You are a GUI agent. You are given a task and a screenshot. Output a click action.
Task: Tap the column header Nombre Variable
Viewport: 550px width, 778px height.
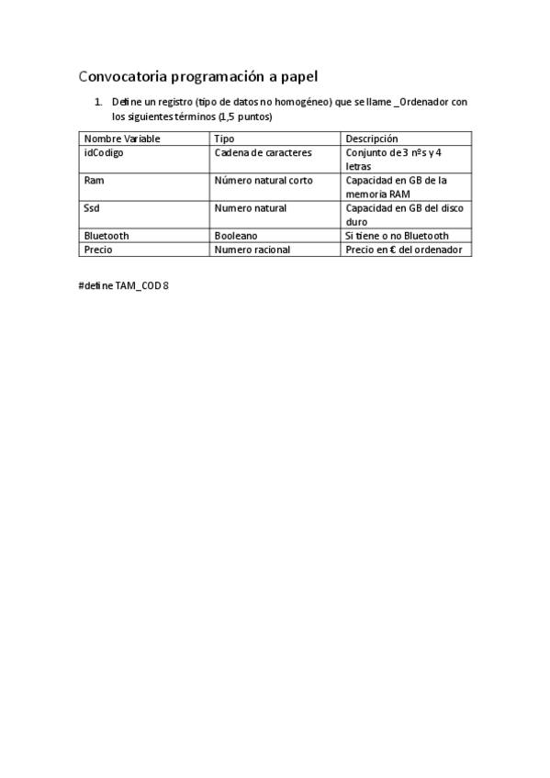[x=121, y=139]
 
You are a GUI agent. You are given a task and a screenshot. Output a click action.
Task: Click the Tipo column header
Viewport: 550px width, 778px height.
[x=224, y=139]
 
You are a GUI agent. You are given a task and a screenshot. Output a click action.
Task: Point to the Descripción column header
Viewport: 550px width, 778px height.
[x=371, y=139]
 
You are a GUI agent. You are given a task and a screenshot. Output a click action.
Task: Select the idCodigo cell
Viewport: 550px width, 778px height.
[x=104, y=152]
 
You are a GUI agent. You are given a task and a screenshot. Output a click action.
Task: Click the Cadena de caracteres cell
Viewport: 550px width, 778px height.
[x=263, y=152]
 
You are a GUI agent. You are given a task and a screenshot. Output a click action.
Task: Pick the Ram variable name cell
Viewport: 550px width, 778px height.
[x=94, y=181]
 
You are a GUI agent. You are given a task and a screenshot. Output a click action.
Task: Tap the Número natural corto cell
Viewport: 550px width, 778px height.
[x=263, y=181]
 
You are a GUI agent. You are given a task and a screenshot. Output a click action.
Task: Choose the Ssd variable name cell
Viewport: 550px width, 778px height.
[x=92, y=208]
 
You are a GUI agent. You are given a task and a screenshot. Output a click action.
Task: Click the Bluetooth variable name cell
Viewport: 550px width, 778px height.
[x=107, y=236]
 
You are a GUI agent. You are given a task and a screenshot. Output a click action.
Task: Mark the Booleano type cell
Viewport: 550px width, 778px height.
[x=235, y=236]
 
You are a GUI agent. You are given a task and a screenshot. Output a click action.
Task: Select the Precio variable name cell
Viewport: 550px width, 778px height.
[x=98, y=250]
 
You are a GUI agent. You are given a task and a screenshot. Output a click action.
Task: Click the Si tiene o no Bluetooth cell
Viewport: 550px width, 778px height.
[x=397, y=236]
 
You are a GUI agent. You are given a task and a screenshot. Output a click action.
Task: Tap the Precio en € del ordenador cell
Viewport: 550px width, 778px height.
[x=404, y=250]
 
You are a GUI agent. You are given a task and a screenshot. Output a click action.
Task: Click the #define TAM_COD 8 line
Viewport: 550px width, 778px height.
[x=124, y=285]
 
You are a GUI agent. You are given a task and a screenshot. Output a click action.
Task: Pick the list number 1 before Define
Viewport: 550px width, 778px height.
[x=98, y=102]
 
